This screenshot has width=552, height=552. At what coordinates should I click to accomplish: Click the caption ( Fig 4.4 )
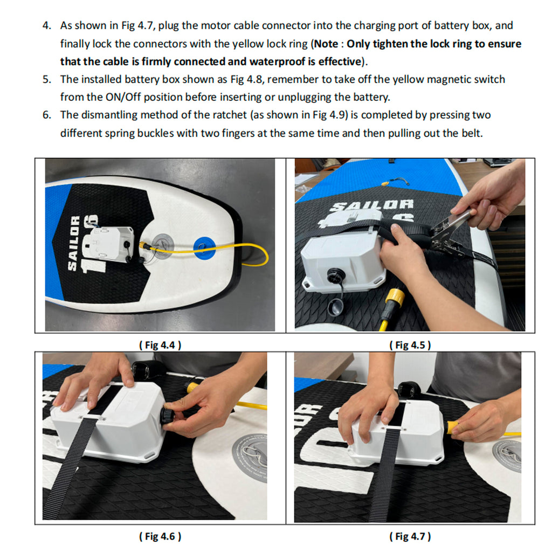tap(160, 344)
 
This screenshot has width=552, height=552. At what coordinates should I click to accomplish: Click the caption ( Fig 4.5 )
tap(410, 344)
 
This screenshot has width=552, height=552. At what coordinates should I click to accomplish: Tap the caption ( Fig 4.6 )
tap(160, 536)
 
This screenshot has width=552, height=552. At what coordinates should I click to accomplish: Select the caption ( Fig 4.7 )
tap(410, 536)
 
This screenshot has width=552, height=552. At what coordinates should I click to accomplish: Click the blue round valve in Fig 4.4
tap(204, 247)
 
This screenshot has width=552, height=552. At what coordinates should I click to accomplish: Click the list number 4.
tap(47, 26)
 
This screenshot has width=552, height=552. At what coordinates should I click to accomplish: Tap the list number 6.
tap(47, 115)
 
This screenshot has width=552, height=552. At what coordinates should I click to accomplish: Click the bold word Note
tap(326, 44)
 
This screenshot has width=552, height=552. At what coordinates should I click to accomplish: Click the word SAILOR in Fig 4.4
tap(73, 243)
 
